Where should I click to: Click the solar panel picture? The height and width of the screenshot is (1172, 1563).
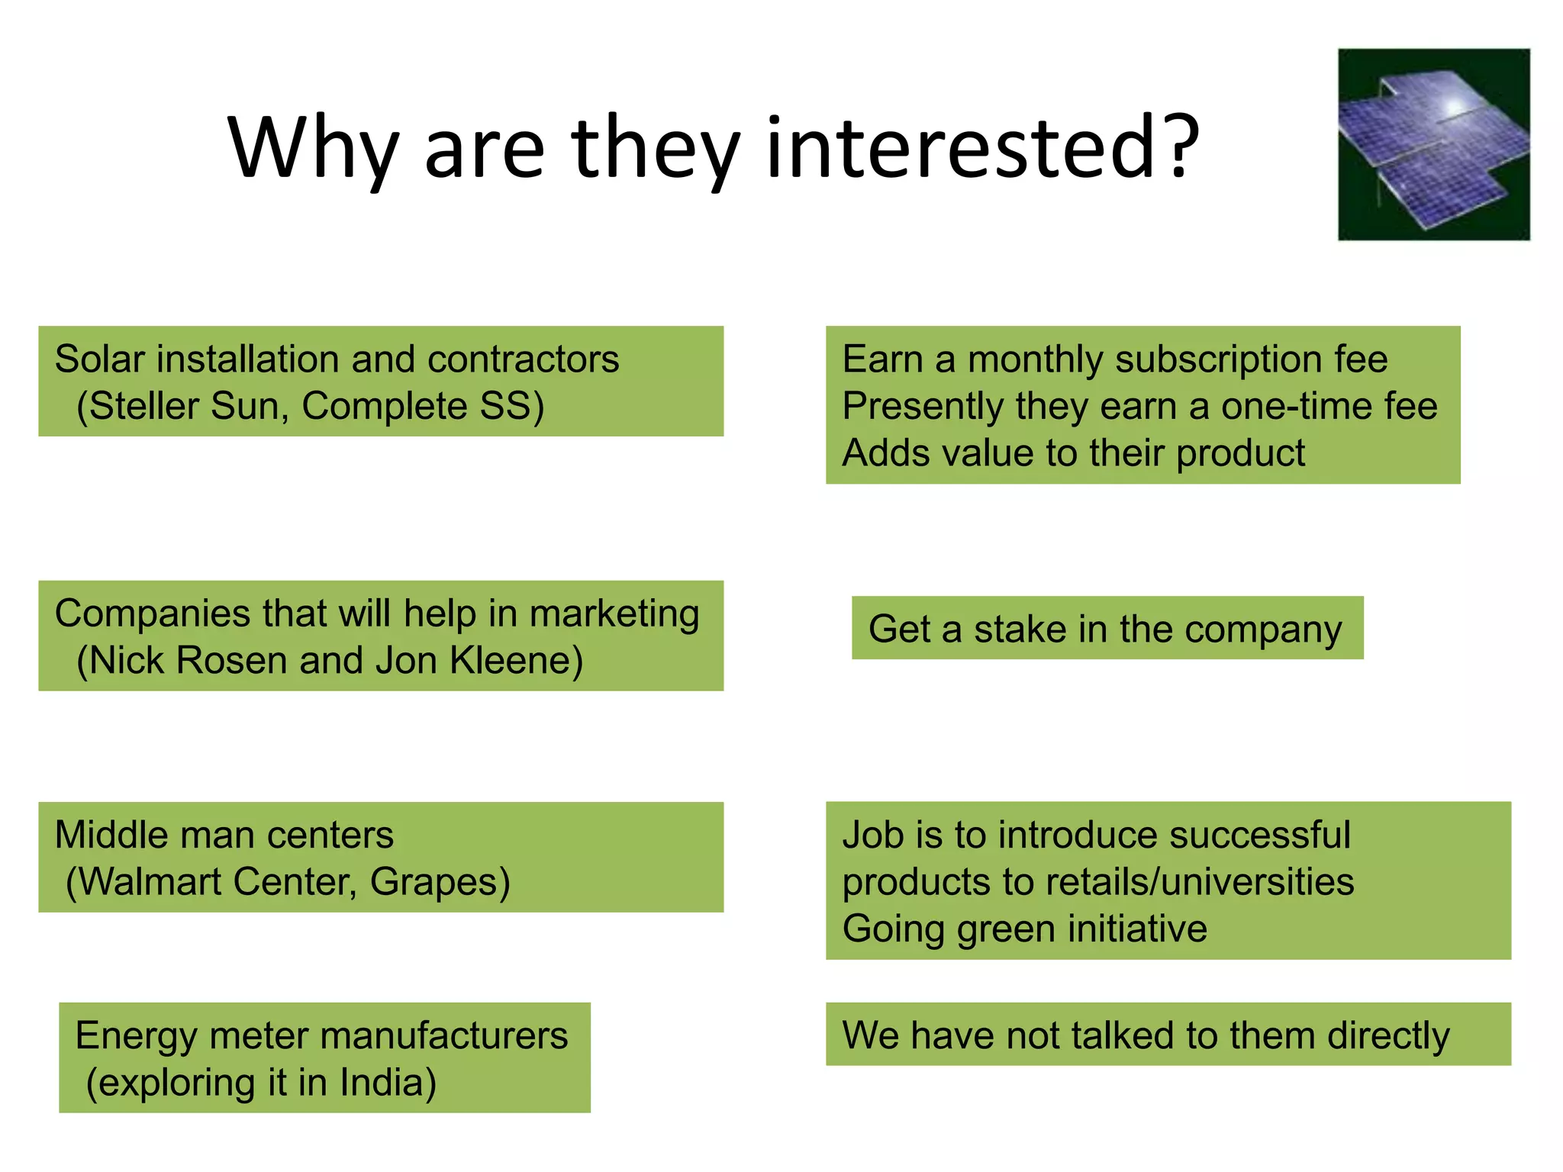click(1433, 144)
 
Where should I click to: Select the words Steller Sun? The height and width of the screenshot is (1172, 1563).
click(189, 406)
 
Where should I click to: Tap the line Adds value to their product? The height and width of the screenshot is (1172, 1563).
click(1073, 453)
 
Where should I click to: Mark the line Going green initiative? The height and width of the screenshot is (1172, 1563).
click(1024, 929)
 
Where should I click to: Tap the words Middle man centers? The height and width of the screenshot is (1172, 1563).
click(224, 835)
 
